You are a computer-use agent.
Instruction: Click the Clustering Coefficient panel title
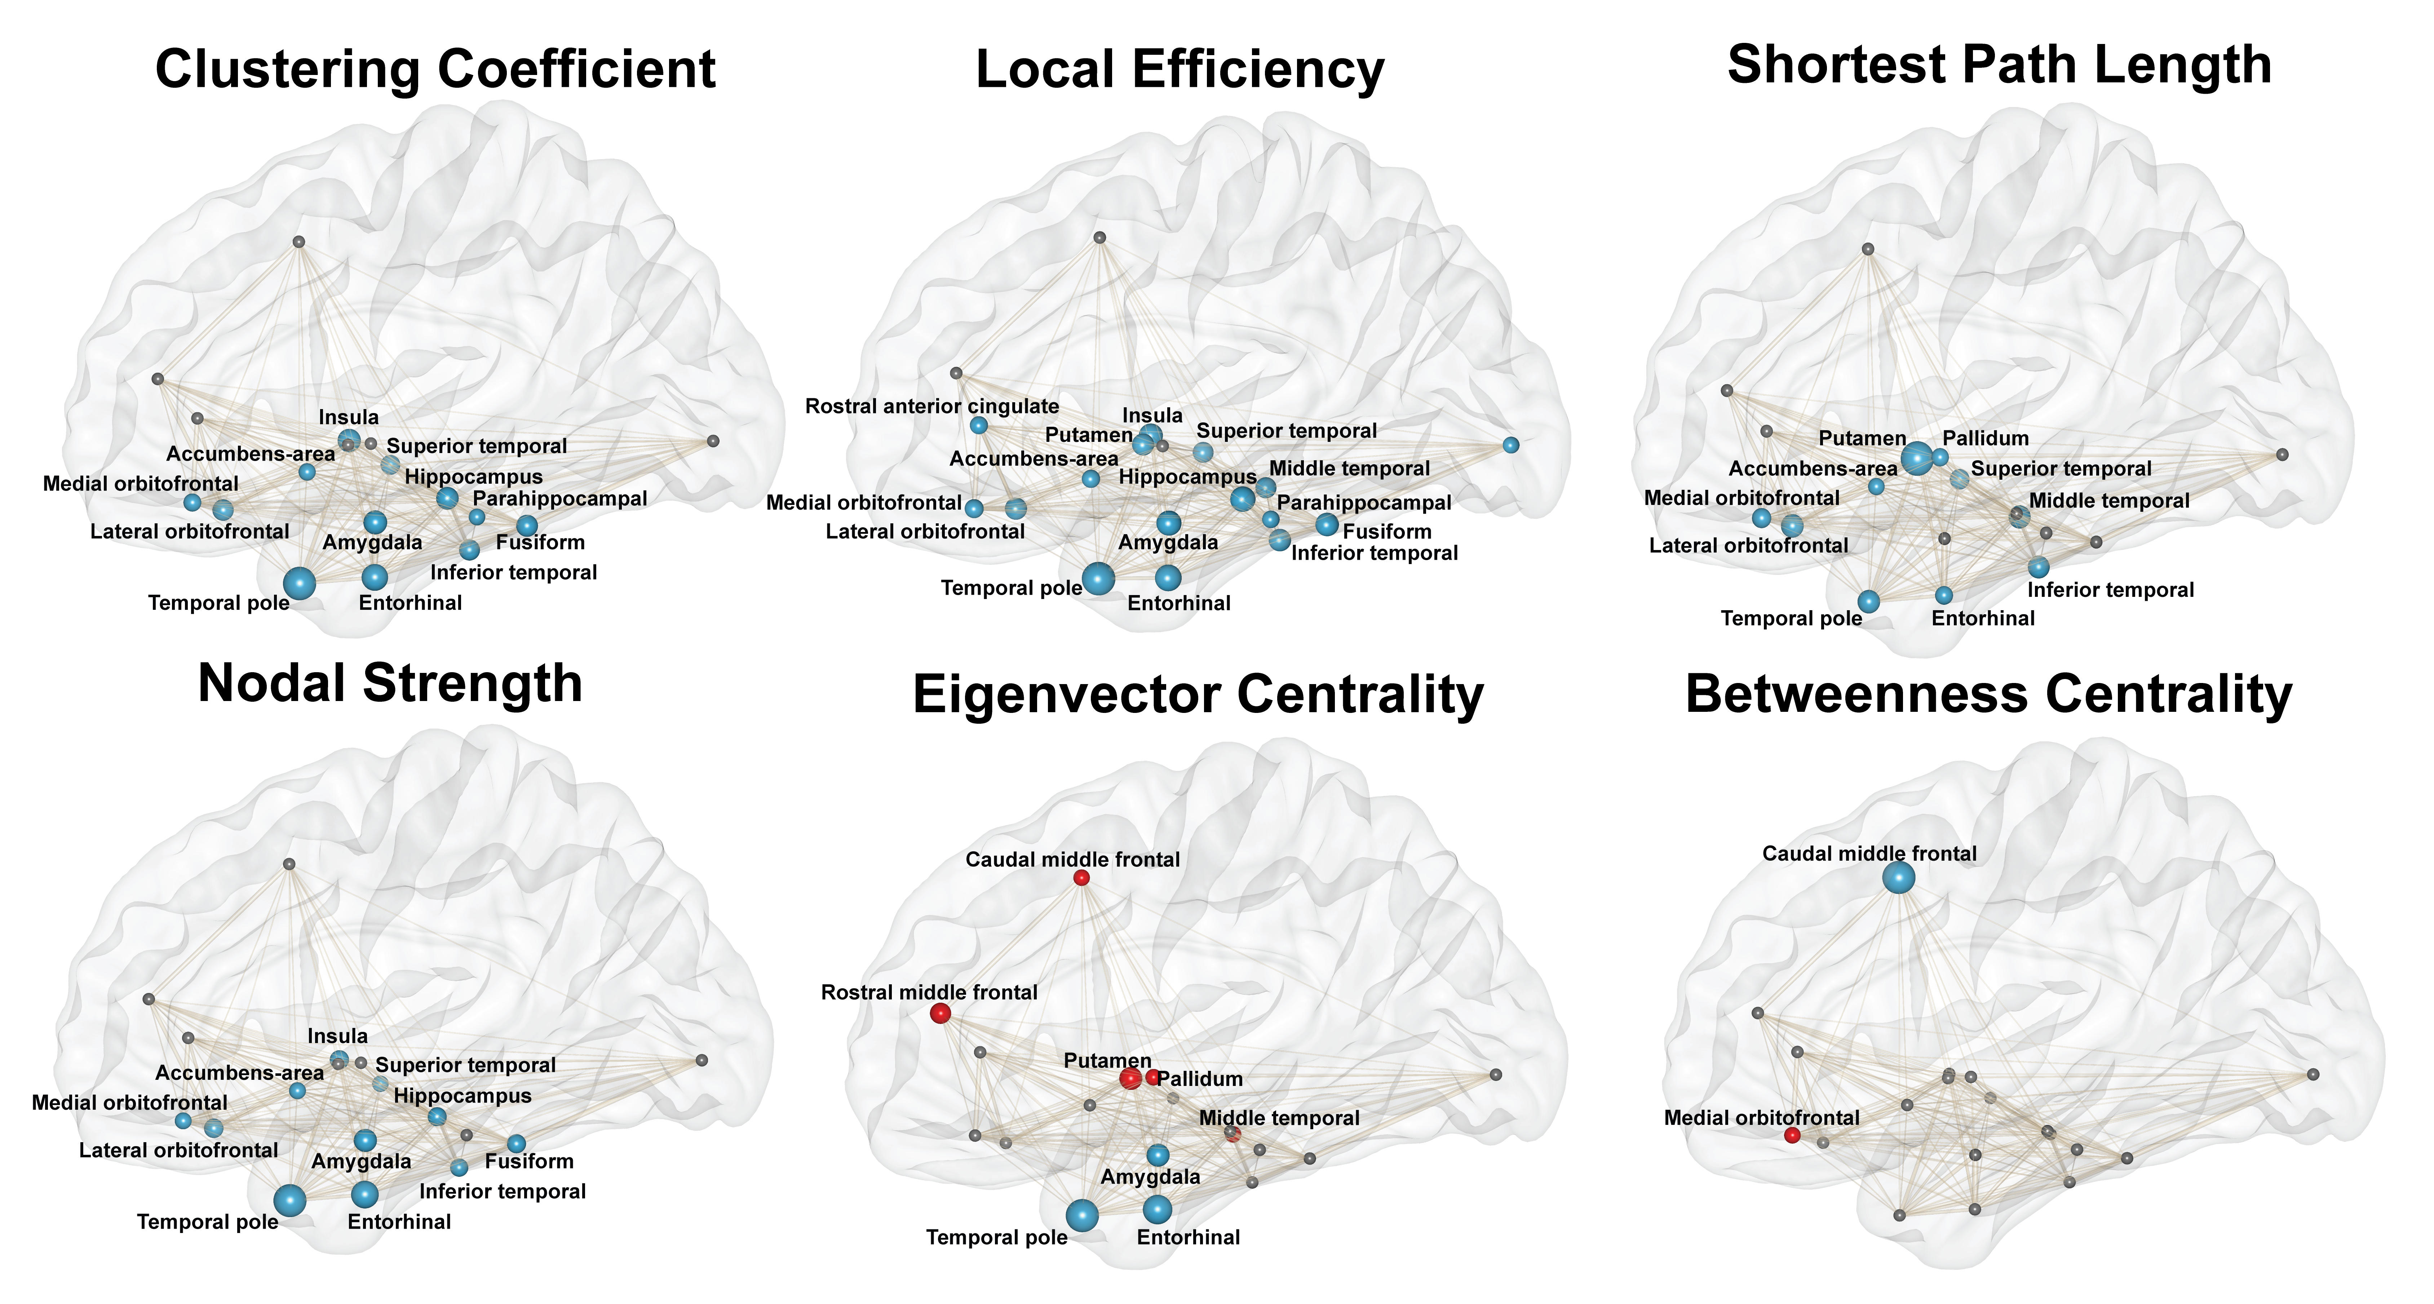tap(435, 70)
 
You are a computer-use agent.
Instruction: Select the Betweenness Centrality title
tap(1989, 695)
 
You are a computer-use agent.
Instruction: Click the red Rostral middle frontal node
tap(940, 1013)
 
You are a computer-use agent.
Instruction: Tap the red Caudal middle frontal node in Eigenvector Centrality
tap(1082, 878)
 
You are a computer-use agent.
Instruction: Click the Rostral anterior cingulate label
tap(931, 406)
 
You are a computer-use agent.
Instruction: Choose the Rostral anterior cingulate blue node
tap(979, 425)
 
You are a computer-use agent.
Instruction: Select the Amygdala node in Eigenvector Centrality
tap(1158, 1155)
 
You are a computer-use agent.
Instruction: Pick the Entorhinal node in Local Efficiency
tap(1168, 577)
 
